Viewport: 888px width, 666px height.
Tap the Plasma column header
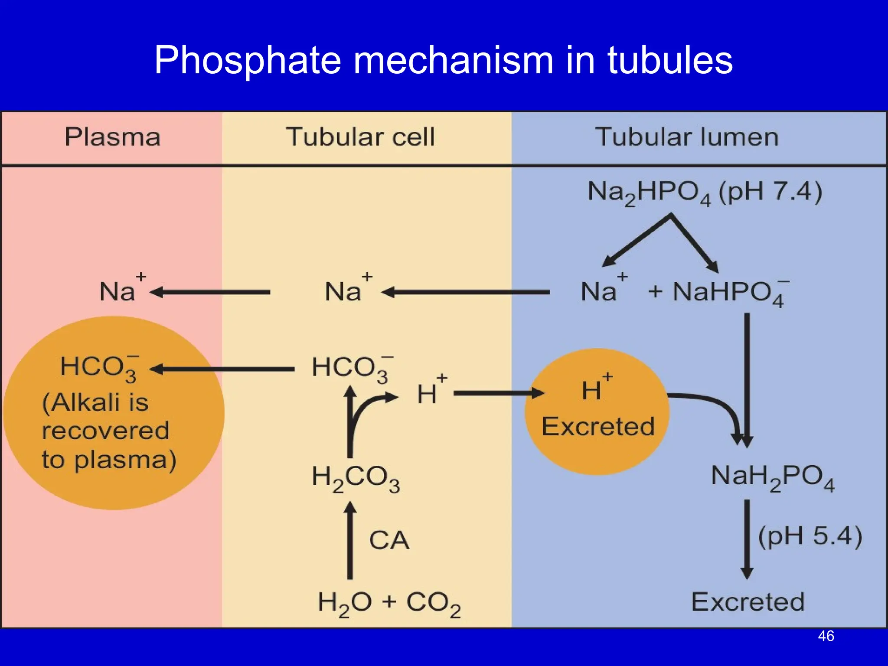(x=112, y=137)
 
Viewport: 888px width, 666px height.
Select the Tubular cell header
(x=360, y=137)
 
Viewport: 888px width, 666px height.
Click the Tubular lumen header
(x=687, y=137)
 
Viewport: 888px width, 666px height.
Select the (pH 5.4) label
(x=810, y=536)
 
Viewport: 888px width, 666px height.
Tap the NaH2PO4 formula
(x=772, y=477)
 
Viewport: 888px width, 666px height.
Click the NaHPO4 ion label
(x=728, y=292)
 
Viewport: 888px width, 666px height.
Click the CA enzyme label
(x=389, y=540)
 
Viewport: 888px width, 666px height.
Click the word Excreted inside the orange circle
(x=598, y=427)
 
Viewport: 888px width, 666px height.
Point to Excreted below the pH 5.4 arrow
(x=748, y=602)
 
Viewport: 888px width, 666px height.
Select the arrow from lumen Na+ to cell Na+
(x=466, y=292)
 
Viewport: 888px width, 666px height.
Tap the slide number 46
(x=826, y=636)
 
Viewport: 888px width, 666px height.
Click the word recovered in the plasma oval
(x=105, y=431)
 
